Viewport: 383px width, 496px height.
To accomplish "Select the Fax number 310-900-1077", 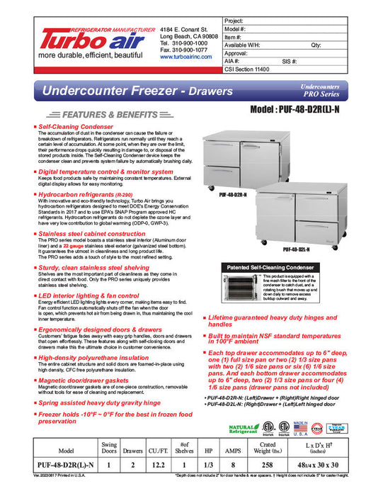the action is (183, 50).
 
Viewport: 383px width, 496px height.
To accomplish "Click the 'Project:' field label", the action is (234, 22).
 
